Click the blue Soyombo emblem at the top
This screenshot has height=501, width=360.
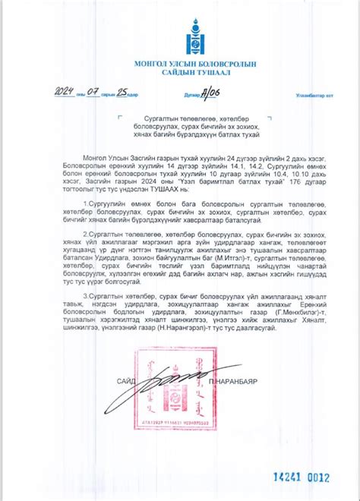(180, 35)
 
